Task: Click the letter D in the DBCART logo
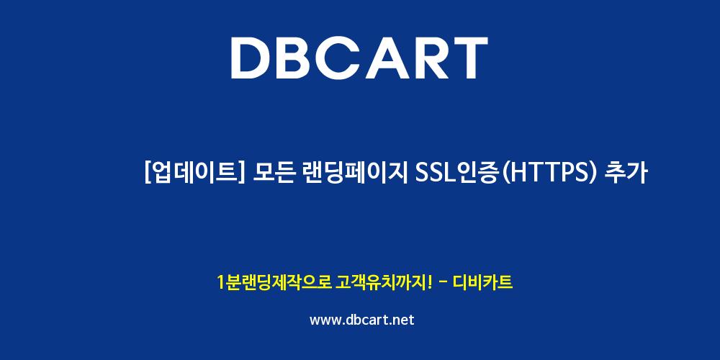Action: pyautogui.click(x=251, y=58)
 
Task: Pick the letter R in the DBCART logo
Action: pyautogui.click(x=432, y=58)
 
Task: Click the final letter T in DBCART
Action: pyautogui.click(x=469, y=58)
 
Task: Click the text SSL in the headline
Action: pyautogui.click(x=434, y=174)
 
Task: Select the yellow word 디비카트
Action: pyautogui.click(x=482, y=282)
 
